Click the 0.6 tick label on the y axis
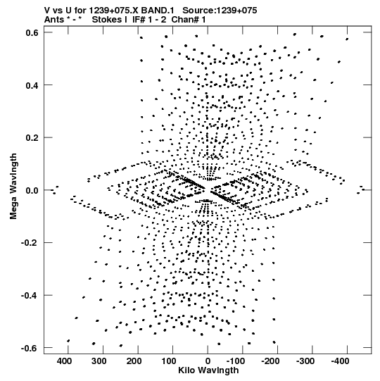pos(32,32)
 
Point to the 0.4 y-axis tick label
pos(32,85)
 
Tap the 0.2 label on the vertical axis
pos(32,138)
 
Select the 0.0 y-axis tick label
pos(32,190)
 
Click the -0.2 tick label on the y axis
pos(30,243)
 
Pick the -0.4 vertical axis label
pos(30,296)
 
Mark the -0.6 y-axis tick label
pos(30,348)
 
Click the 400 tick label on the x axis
pos(64,361)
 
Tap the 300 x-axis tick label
pos(99,361)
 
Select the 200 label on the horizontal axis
pos(134,361)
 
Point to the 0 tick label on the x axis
pos(208,361)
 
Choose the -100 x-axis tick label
pos(237,361)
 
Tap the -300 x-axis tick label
pos(307,361)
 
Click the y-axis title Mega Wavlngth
pos(14,186)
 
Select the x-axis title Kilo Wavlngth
pos(208,370)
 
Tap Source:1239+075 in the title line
pos(220,11)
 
